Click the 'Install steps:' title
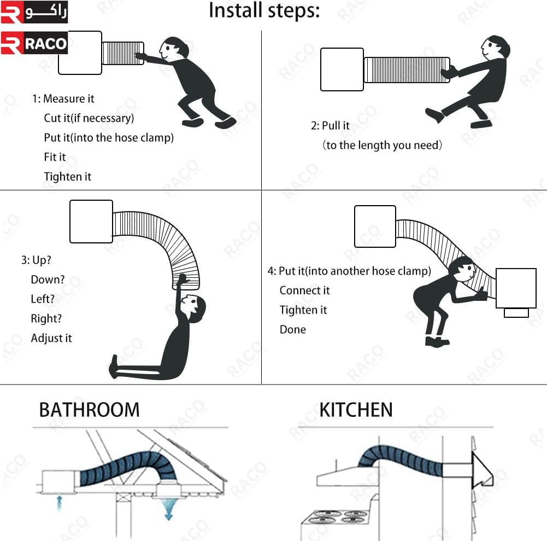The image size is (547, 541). click(x=264, y=11)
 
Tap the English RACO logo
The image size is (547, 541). click(x=34, y=43)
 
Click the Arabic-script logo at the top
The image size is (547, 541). click(x=34, y=12)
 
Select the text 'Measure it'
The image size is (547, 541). click(x=69, y=99)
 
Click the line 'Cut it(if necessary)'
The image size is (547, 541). click(x=89, y=118)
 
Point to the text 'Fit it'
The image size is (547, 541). click(x=55, y=157)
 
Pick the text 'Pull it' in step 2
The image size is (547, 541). click(x=335, y=126)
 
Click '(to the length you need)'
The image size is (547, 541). click(x=382, y=145)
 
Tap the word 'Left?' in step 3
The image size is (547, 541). click(x=43, y=299)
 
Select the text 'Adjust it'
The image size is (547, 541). click(x=51, y=338)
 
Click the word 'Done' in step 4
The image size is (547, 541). click(x=293, y=330)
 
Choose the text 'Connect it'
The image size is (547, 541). click(x=304, y=290)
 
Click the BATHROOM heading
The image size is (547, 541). click(x=89, y=410)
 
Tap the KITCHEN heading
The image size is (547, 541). click(x=356, y=410)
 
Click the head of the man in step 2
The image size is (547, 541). click(x=496, y=47)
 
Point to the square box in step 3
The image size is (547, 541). click(x=91, y=222)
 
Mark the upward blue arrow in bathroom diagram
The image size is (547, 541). click(x=60, y=503)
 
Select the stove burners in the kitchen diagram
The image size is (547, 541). click(x=336, y=516)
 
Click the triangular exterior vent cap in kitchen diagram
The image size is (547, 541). click(x=482, y=470)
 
